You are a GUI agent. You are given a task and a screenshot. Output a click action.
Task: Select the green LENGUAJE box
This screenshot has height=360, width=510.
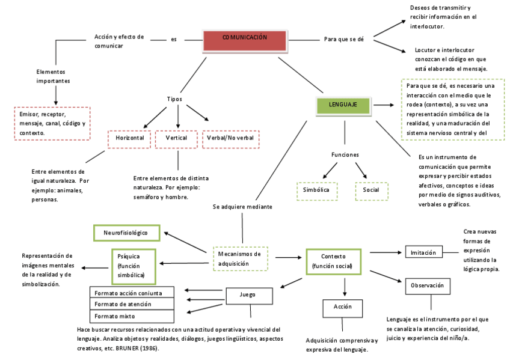pos(343,105)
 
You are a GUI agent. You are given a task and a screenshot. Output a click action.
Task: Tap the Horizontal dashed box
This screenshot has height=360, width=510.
pos(129,139)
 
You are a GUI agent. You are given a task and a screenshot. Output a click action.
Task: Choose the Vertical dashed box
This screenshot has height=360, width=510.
pos(176,139)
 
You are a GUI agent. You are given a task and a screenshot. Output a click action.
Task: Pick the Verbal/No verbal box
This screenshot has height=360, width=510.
pos(230,139)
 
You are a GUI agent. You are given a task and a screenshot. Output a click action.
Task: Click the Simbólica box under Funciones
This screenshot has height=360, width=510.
pos(317,191)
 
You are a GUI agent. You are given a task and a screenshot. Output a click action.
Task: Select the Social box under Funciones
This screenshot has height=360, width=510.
pos(371,191)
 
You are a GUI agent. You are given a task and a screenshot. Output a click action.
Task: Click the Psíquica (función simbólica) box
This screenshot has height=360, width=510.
pos(134,266)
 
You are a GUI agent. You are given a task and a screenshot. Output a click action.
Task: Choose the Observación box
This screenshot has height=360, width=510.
pos(428,286)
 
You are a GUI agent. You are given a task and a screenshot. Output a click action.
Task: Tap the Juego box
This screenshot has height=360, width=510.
pos(247,295)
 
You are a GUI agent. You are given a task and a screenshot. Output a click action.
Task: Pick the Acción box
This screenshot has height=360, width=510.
pos(342,308)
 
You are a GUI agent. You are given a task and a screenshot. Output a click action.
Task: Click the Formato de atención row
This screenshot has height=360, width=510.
pos(132,304)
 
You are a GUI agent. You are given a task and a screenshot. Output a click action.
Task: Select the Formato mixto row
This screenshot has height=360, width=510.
pos(132,316)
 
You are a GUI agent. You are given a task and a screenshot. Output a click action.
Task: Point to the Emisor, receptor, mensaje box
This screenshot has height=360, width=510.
pos(52,123)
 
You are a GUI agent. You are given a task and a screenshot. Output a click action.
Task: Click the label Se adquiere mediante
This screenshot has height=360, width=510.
pos(242,207)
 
